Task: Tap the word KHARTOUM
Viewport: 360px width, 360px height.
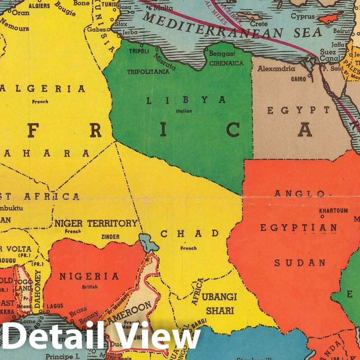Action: (x=333, y=211)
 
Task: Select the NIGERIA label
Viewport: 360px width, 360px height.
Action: (x=89, y=276)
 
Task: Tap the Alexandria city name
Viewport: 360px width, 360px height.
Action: (x=276, y=69)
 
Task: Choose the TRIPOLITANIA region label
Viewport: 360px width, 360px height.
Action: (x=148, y=72)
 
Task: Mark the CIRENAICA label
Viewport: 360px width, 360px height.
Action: (x=226, y=63)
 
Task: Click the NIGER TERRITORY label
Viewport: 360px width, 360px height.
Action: (x=96, y=223)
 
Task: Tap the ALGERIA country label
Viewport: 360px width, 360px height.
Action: (x=43, y=89)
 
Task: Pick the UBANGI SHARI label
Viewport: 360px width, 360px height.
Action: (x=219, y=303)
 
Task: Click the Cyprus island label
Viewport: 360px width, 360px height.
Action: (x=302, y=16)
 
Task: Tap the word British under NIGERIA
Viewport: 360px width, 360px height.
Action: (x=90, y=287)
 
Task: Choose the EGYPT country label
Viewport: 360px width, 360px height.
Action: (x=298, y=110)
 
